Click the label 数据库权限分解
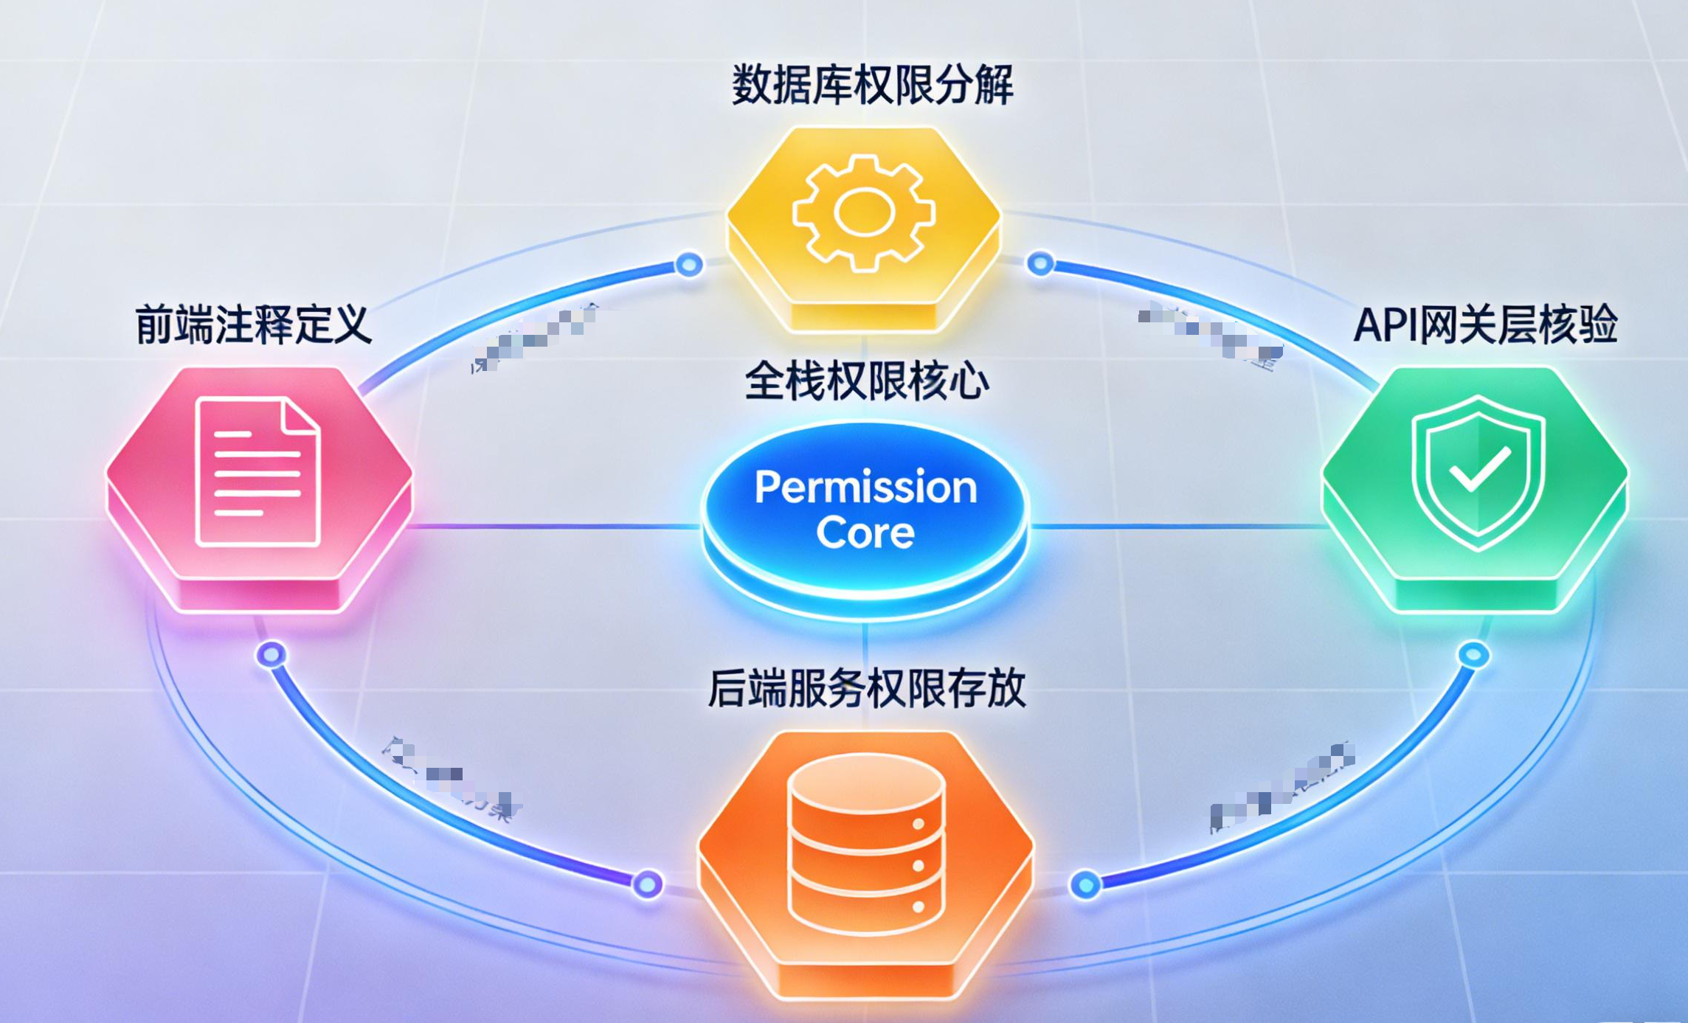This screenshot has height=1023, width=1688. click(871, 86)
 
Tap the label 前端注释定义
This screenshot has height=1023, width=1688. click(253, 325)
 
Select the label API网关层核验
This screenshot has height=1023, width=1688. click(1485, 325)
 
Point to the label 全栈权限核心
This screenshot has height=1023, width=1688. click(866, 382)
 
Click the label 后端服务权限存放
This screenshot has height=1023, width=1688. click(866, 689)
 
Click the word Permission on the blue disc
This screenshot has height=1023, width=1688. click(865, 488)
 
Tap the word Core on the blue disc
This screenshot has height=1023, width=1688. click(865, 533)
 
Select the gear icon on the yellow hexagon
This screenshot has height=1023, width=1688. click(864, 213)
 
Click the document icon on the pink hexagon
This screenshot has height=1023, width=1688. click(257, 472)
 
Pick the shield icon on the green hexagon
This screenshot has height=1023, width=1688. click(1478, 472)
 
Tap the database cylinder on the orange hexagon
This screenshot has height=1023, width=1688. click(865, 845)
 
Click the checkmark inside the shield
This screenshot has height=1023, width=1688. click(1479, 470)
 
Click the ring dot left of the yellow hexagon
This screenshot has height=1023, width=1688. click(689, 264)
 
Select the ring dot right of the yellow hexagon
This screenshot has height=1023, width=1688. click(1040, 263)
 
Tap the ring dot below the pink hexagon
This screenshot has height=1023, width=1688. click(271, 654)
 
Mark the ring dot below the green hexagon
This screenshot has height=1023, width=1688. click(1473, 654)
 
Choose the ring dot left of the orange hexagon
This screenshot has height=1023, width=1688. click(648, 884)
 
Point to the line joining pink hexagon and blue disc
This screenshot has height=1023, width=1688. click(553, 527)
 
